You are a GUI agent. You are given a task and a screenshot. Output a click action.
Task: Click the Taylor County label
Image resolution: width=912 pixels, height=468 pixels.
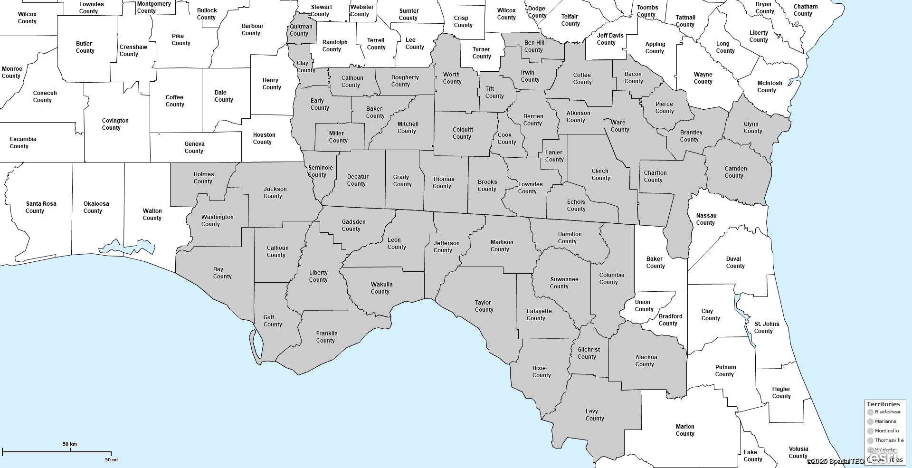click(484, 306)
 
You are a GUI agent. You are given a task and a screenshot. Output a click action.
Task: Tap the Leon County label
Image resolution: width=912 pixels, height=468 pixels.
click(396, 243)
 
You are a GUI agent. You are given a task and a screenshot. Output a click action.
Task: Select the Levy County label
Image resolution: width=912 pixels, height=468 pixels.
click(594, 415)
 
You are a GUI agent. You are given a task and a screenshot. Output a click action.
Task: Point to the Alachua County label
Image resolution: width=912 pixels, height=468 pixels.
click(646, 361)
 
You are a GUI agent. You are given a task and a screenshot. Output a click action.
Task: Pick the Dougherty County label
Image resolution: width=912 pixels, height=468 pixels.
click(404, 81)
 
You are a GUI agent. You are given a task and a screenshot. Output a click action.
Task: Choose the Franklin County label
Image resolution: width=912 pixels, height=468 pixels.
click(326, 337)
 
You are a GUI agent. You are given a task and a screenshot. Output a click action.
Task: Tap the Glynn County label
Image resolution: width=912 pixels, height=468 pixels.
click(752, 127)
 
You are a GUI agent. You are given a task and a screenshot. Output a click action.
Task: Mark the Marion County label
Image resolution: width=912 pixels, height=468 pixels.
click(684, 430)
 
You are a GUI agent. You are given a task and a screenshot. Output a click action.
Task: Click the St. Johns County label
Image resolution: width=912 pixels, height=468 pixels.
click(766, 327)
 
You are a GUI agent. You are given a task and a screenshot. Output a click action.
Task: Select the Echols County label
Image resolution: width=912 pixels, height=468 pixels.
click(576, 205)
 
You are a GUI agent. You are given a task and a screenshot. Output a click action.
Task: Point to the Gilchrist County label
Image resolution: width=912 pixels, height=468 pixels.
click(588, 353)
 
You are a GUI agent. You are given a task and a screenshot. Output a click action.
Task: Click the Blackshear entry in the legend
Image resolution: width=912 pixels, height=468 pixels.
click(887, 412)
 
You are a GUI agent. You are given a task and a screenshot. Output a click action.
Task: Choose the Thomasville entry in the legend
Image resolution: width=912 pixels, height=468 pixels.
click(889, 440)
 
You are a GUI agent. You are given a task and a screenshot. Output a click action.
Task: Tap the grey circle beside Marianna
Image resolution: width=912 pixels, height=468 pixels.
click(870, 422)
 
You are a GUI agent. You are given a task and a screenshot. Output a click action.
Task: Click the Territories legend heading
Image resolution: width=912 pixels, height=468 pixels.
click(883, 404)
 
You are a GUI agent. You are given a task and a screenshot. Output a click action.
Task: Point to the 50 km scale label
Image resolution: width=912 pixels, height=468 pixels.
click(70, 444)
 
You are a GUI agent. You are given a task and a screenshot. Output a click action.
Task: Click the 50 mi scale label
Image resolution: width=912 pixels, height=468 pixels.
click(111, 459)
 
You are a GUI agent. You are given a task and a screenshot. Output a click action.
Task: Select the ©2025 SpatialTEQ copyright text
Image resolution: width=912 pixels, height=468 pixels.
click(835, 461)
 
